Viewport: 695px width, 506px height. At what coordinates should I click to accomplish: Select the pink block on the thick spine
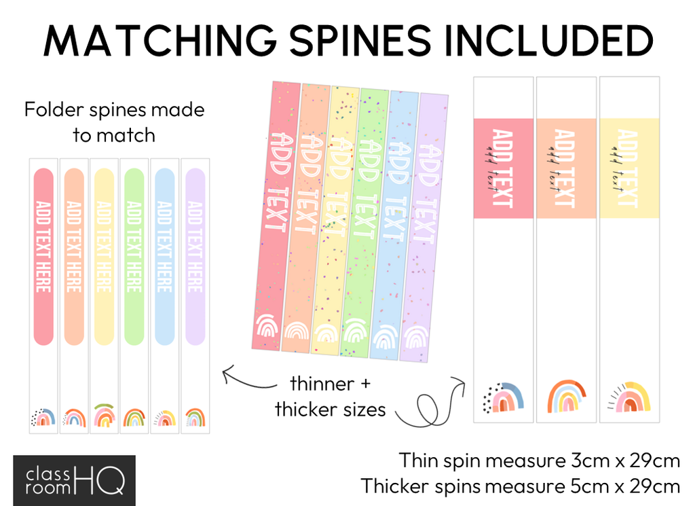(502, 168)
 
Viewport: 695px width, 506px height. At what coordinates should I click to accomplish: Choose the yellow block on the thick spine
(629, 168)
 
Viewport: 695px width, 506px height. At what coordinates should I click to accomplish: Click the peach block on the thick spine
(566, 168)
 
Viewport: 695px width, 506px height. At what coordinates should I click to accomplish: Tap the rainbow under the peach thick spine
(566, 396)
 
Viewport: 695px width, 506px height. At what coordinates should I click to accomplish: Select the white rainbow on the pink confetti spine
(266, 328)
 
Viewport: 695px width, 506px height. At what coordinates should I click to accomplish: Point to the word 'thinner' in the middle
(322, 384)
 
